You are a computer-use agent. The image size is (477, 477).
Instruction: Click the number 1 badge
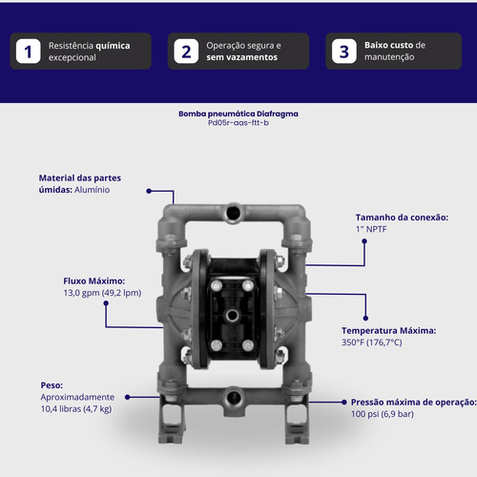tap(29, 52)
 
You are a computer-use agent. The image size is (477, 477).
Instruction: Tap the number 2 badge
tap(186, 52)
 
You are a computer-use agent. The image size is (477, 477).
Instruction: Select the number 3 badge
tap(344, 52)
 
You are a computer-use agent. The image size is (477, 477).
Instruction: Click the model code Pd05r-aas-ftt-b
tap(238, 123)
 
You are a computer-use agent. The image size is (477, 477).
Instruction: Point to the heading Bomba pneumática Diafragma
tap(238, 114)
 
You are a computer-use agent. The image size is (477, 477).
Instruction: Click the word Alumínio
tap(93, 190)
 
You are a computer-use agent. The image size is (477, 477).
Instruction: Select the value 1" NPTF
tap(371, 229)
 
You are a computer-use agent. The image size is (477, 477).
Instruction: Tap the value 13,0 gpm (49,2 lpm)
tap(102, 293)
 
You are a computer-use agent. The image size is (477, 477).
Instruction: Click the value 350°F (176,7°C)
tap(372, 342)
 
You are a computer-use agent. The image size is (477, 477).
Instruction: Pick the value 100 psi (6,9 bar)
tap(383, 414)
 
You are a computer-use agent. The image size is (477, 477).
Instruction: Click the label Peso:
tap(52, 385)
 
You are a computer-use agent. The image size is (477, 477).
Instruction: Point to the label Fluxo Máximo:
tap(94, 281)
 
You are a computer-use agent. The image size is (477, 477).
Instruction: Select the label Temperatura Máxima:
tap(389, 331)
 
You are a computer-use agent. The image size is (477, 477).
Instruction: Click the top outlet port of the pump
tap(234, 212)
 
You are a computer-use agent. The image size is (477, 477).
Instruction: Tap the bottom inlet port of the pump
tap(234, 397)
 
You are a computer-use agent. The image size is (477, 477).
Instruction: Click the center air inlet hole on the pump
tap(232, 316)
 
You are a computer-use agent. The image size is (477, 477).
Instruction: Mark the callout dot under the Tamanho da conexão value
tap(364, 241)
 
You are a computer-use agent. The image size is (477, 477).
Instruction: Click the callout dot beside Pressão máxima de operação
tap(344, 403)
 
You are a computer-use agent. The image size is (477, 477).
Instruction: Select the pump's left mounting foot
tap(171, 419)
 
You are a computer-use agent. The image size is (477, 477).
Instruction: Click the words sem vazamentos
tap(241, 57)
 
